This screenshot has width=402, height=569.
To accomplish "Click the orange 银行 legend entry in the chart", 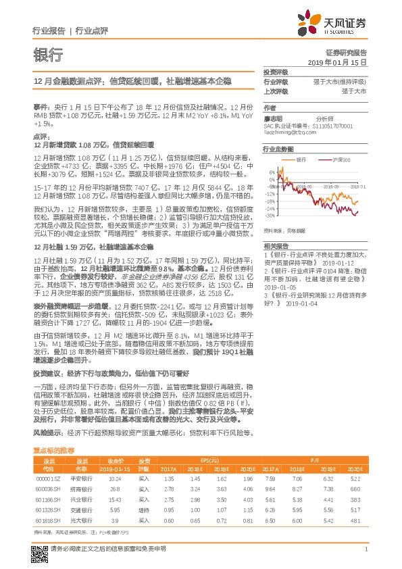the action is pos(310,159).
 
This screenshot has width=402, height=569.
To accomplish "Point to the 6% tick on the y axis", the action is pos(271,172).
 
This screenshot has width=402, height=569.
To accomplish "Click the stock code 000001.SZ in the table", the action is pos(49,478).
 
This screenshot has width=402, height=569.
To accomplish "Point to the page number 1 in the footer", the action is pos(365,557).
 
